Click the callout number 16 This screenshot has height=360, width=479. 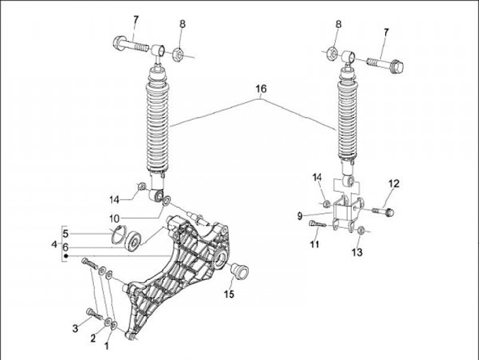[x=262, y=89]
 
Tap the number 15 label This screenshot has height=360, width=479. [x=230, y=293]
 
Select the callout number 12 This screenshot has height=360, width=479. [x=394, y=184]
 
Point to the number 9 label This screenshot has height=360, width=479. [x=300, y=216]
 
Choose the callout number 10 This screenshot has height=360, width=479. [x=114, y=218]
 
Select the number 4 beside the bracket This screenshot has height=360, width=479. [x=55, y=245]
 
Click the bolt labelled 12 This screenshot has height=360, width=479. [x=381, y=211]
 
